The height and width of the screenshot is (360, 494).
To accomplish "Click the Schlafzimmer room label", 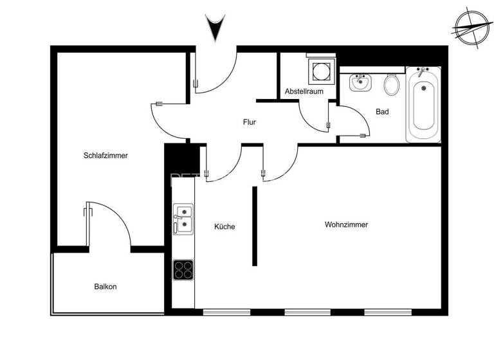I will [105, 156].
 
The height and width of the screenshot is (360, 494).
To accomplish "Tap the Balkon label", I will [105, 287].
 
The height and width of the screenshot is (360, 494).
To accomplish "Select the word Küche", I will [224, 226].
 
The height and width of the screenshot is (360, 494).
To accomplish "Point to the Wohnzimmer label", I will [346, 225].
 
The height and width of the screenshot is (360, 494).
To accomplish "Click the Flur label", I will [250, 122].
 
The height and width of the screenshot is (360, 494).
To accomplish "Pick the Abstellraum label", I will [304, 92].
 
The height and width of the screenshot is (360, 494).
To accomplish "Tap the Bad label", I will [382, 112].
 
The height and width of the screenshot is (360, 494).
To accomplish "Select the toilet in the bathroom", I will [391, 84].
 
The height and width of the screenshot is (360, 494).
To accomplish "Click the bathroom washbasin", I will [360, 82].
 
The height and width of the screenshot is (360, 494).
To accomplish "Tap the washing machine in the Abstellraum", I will [320, 70].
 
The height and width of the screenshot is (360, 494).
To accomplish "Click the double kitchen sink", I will [183, 218].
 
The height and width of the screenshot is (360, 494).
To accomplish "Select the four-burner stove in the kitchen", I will [183, 269].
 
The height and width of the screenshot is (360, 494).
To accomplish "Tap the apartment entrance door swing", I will [215, 72].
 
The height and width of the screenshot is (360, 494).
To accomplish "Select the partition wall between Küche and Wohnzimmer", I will [255, 226].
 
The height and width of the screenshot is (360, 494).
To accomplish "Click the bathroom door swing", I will [350, 121].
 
